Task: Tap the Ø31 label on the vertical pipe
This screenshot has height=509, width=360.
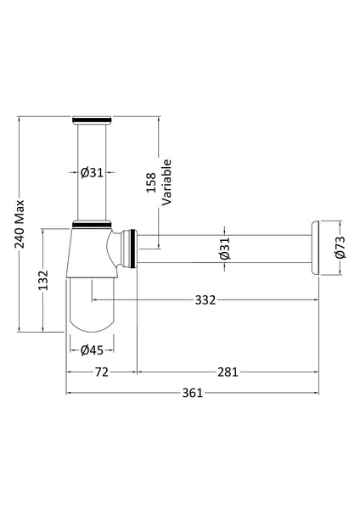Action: coord(92,173)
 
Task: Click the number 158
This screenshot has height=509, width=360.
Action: coord(151,184)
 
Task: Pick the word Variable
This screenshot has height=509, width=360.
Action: coord(166,182)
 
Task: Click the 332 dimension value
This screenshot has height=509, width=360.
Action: coord(205,299)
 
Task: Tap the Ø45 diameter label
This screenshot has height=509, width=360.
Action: coord(92,349)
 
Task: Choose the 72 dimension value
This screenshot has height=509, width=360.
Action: coord(101,372)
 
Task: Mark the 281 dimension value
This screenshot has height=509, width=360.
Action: coord(228,372)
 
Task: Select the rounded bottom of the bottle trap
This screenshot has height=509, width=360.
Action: coord(93,318)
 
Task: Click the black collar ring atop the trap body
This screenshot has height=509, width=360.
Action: coord(93,225)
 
